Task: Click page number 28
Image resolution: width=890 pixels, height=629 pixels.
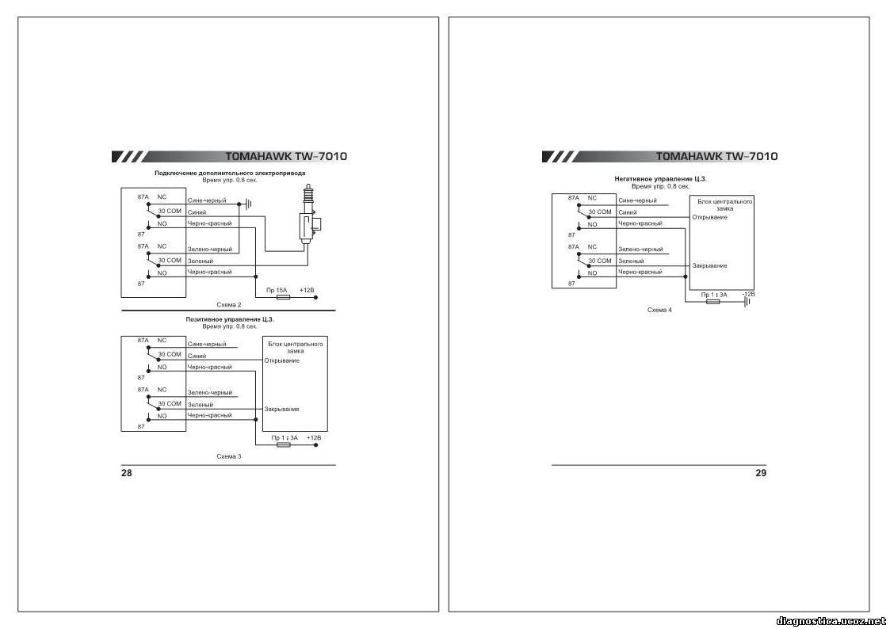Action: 126,473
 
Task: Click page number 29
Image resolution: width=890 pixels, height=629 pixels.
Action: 761,473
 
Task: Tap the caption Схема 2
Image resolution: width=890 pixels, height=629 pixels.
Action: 229,305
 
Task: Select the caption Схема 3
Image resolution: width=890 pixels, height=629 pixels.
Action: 229,456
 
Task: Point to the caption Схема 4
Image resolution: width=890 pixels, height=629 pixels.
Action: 659,311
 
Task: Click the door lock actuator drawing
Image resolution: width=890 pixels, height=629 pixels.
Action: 309,215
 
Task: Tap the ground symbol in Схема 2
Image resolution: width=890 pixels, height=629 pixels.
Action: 247,204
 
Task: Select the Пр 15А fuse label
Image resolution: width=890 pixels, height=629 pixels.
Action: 277,291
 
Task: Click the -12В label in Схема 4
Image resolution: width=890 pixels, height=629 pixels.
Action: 749,295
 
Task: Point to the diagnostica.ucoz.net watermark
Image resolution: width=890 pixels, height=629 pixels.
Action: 831,622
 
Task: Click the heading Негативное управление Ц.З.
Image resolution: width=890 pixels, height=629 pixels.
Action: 661,179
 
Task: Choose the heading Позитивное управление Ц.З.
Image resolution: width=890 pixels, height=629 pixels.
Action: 230,319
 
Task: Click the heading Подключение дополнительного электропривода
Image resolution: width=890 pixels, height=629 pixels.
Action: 230,173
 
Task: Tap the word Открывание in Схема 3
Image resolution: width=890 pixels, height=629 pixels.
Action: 282,360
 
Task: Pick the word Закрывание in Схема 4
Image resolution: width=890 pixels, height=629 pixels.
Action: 709,265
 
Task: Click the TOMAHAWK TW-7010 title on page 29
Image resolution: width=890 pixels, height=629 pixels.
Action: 717,157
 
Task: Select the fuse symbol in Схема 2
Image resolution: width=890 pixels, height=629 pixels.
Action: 283,297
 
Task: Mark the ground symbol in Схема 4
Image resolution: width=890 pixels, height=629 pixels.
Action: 747,302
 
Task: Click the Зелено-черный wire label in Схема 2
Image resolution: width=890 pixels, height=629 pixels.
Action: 210,250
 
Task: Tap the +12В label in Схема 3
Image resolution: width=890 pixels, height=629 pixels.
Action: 314,438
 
